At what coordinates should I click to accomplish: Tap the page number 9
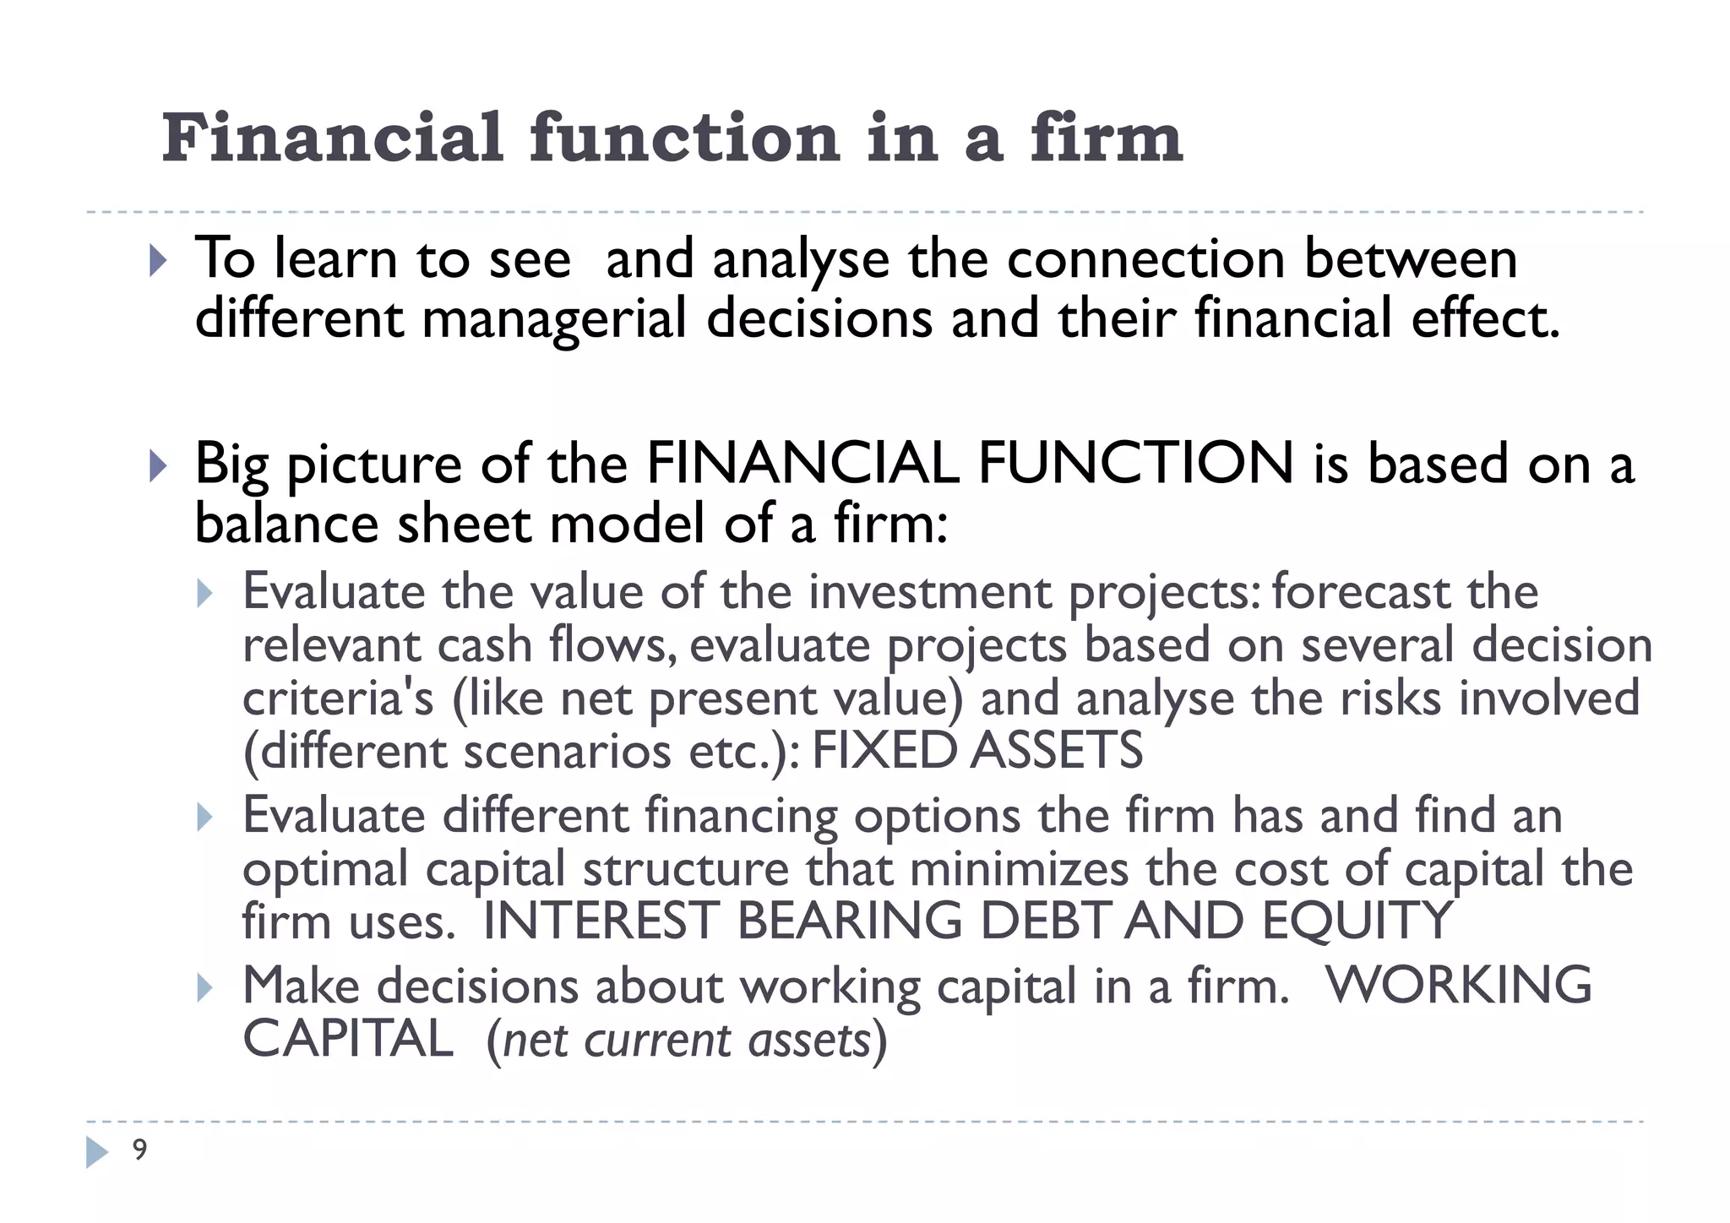coord(139,1150)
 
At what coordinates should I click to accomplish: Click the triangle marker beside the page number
coord(97,1152)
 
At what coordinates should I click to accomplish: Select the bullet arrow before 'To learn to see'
coord(158,261)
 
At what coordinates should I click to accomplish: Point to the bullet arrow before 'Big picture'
coord(158,465)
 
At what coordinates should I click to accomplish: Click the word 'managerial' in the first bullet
coord(553,318)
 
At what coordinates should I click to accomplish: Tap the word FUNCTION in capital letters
coord(1135,464)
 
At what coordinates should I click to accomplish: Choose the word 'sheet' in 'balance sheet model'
coord(465,523)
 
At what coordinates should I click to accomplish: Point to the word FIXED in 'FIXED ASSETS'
coord(883,751)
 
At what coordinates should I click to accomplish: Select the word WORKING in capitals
coord(1459,985)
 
